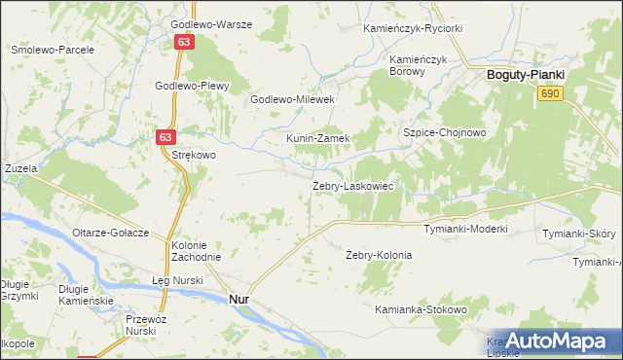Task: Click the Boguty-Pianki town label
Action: click(527, 74)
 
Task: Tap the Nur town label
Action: click(238, 301)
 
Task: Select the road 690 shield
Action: click(551, 92)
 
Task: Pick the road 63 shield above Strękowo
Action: click(165, 139)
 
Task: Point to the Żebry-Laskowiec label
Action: click(352, 186)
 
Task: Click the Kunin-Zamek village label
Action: click(317, 138)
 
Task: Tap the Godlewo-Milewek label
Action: click(293, 99)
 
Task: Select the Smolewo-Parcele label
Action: click(52, 49)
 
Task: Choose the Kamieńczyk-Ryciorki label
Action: click(413, 28)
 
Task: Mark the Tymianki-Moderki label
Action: click(465, 229)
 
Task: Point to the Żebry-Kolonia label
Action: click(379, 255)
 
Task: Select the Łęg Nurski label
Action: click(177, 280)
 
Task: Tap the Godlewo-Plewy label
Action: click(192, 86)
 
